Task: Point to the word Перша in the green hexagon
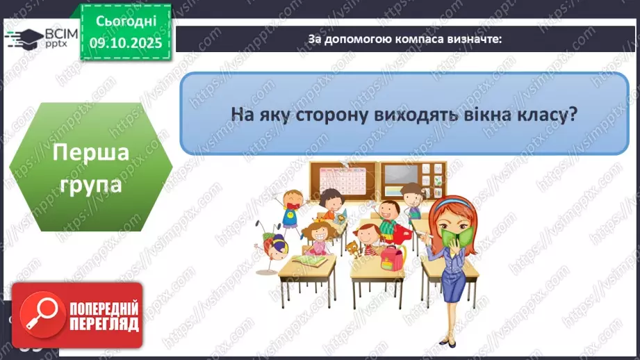point(91,152)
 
